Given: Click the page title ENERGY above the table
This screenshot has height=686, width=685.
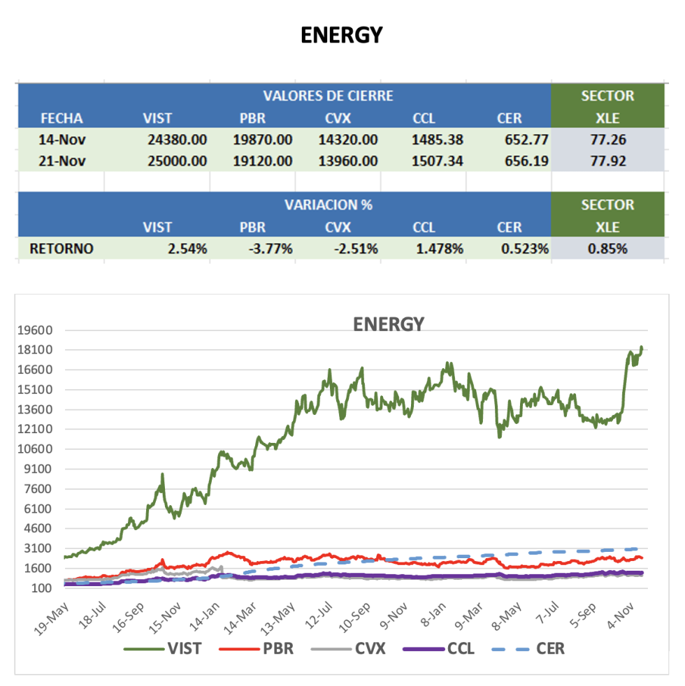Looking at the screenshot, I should point(342,35).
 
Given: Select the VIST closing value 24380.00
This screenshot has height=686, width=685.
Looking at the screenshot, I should point(178,139).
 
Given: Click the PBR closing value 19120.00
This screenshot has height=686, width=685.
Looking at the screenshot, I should point(262,161).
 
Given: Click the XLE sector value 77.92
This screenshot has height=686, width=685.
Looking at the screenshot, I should point(607,161).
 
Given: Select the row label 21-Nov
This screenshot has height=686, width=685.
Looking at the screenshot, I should point(62,161).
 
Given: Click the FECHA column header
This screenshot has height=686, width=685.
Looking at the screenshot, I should point(62,117).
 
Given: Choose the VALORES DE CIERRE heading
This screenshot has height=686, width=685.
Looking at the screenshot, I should point(328,96).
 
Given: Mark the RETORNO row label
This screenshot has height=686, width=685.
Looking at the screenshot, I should point(62,248).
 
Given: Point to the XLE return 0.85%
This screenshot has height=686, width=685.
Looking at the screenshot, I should point(607,248).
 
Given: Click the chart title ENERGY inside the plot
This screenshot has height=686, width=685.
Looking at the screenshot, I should point(388,324).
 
